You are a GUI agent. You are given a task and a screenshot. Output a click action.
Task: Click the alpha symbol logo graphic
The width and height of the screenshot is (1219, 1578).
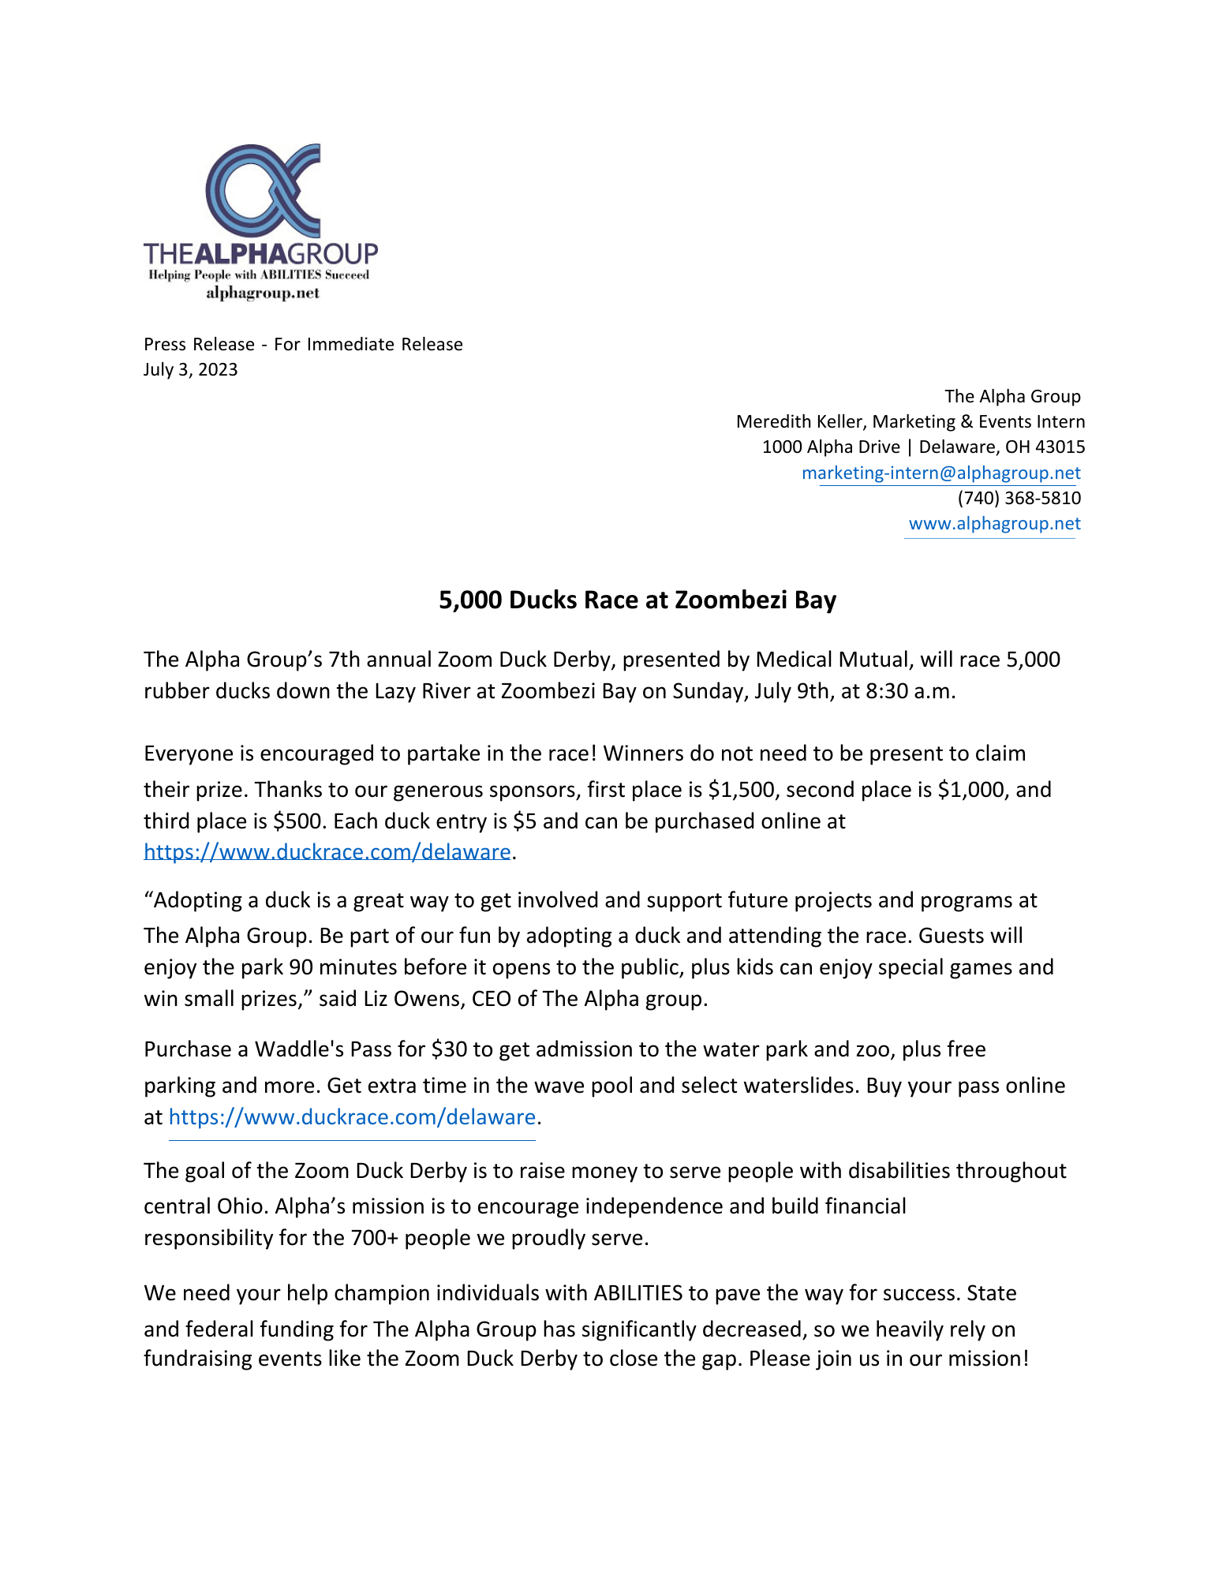(264, 191)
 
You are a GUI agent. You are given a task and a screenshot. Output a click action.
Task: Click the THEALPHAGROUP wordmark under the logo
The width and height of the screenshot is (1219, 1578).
(260, 253)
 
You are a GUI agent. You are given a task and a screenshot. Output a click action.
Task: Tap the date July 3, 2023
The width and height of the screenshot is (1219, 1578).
(190, 370)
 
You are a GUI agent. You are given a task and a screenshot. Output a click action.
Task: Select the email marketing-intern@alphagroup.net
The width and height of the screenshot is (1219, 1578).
(940, 473)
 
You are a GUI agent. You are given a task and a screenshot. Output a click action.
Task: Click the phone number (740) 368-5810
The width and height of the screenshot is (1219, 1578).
(1019, 498)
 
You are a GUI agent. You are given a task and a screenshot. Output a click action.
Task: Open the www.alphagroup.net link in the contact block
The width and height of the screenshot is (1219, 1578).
(994, 524)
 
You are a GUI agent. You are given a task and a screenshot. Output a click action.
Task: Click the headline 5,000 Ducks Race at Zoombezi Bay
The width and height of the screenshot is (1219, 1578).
(638, 600)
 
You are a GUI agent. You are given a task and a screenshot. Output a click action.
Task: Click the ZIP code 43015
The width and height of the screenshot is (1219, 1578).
(1060, 447)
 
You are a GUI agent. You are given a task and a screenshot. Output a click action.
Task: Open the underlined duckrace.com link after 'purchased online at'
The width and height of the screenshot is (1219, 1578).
(327, 852)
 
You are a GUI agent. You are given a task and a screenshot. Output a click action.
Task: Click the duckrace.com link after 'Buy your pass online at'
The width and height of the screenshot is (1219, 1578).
(352, 1117)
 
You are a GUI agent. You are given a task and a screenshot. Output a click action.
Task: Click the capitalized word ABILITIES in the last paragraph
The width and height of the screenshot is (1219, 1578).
(638, 1293)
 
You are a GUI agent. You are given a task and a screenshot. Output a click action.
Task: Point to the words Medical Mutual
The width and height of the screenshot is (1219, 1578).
(832, 660)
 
